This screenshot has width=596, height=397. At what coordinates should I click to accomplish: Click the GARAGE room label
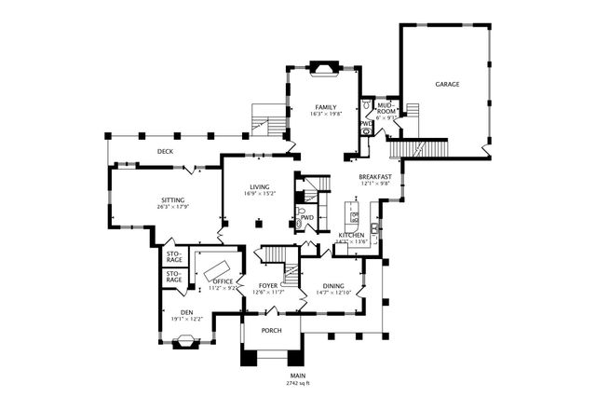[x=447, y=85]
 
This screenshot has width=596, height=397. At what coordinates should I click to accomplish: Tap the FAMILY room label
[x=325, y=107]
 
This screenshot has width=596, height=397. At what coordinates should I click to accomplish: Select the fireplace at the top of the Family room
[x=323, y=67]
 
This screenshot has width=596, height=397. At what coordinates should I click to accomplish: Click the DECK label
[x=165, y=151]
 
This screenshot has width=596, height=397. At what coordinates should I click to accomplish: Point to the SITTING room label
[x=171, y=199]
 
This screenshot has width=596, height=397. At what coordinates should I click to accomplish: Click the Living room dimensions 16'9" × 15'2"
[x=259, y=194]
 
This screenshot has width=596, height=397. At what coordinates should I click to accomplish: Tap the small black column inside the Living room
[x=261, y=222]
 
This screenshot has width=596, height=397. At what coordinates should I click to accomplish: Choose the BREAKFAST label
[x=375, y=176]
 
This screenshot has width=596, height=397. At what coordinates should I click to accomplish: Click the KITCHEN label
[x=350, y=236]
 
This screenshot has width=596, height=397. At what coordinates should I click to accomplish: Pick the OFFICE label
[x=222, y=281]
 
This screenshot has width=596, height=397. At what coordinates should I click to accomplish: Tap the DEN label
[x=186, y=312]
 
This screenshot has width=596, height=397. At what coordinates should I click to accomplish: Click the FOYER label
[x=267, y=286]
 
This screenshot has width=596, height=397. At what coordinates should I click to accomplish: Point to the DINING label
[x=332, y=286]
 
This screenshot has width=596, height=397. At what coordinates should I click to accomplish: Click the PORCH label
[x=271, y=330]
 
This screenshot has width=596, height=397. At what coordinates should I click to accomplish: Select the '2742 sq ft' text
[x=297, y=383]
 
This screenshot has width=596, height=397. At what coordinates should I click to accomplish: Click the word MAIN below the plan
[x=297, y=376]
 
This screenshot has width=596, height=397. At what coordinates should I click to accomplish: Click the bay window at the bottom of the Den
[x=186, y=342]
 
